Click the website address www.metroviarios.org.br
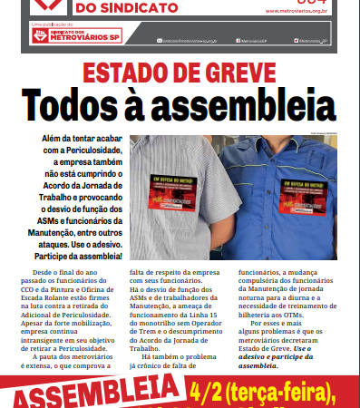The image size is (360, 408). point(300,13)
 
